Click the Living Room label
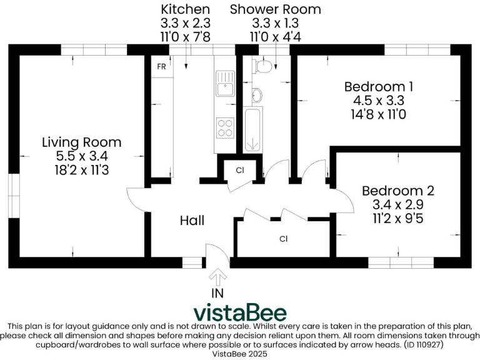(81, 142)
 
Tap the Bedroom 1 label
(379, 86)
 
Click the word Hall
(192, 221)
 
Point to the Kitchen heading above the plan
(185, 9)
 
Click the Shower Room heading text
(275, 9)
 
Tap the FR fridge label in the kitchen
(161, 66)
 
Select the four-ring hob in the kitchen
(224, 127)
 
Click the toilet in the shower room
(266, 65)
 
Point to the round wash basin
(257, 96)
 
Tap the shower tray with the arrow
(253, 130)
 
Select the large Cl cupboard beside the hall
(283, 239)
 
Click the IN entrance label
(217, 292)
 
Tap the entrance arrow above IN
(217, 276)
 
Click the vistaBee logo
(240, 312)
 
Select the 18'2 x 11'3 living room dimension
(81, 169)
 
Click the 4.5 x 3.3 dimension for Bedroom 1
(379, 100)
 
